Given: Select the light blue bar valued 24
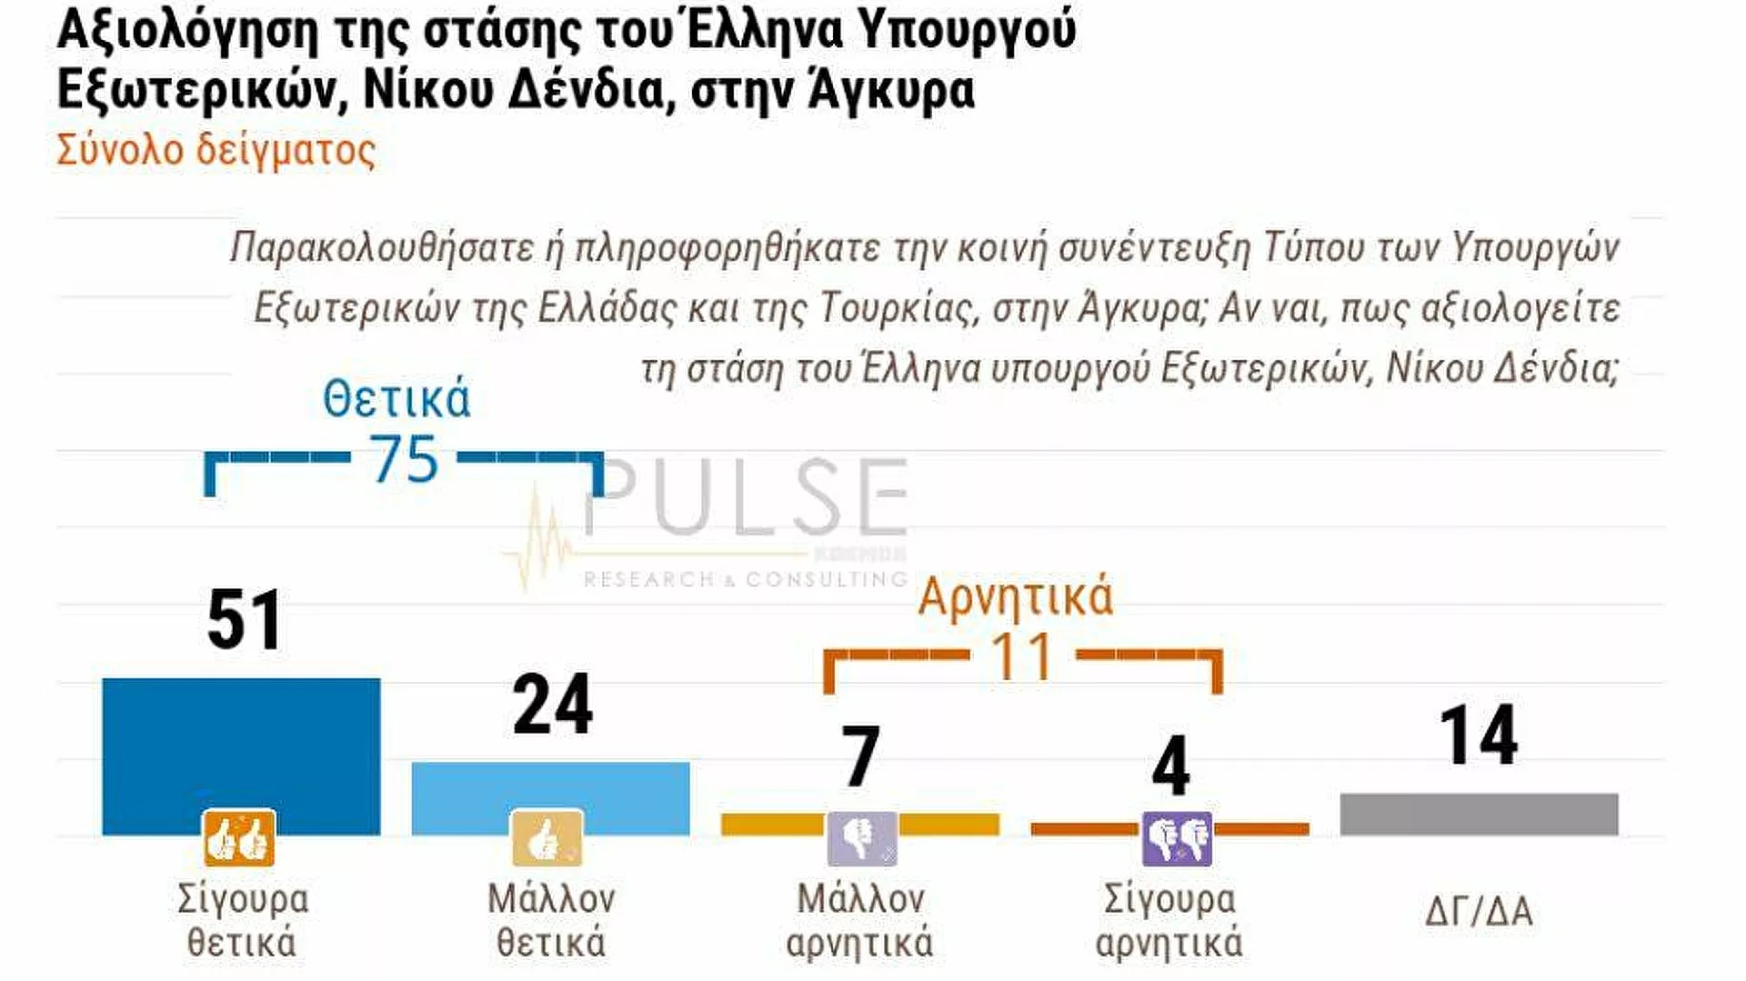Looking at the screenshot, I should pyautogui.click(x=550, y=786).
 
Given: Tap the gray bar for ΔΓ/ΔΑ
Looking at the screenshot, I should pyautogui.click(x=1479, y=814).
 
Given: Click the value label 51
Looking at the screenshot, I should pyautogui.click(x=244, y=621).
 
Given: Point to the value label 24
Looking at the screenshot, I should pyautogui.click(x=552, y=705).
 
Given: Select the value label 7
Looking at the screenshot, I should pyautogui.click(x=860, y=756).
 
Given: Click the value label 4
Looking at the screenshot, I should pyautogui.click(x=1170, y=766).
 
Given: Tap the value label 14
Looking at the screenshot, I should pyautogui.click(x=1479, y=736).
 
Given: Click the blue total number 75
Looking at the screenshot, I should pyautogui.click(x=404, y=459).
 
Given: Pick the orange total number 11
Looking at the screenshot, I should pyautogui.click(x=1022, y=656).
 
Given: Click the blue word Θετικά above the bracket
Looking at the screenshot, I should pyautogui.click(x=396, y=399).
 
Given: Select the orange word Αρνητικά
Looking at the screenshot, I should pyautogui.click(x=1015, y=597).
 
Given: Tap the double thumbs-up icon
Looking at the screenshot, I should pyautogui.click(x=239, y=838).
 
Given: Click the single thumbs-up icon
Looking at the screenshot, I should pyautogui.click(x=547, y=838).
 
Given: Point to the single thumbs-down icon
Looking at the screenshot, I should pyautogui.click(x=861, y=838).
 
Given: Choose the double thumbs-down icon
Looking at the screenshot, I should pyautogui.click(x=1177, y=838).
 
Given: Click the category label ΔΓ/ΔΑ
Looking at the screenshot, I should pyautogui.click(x=1479, y=911).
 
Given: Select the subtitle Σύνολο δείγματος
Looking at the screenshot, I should pyautogui.click(x=216, y=151).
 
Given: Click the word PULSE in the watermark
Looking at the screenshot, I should pyautogui.click(x=746, y=498).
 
